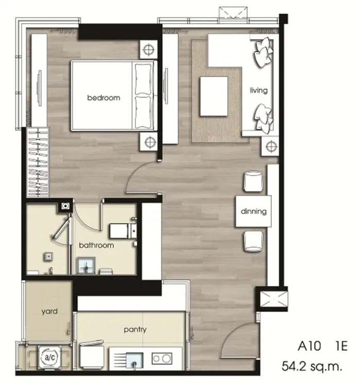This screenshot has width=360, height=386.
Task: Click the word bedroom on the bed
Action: click(104, 98)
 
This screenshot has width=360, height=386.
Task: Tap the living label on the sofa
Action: click(259, 91)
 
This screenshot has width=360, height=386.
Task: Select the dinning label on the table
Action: click(253, 211)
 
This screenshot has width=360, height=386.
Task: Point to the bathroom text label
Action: click(96, 245)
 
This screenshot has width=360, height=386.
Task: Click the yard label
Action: click(50, 312)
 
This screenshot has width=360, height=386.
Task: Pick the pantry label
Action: click(135, 329)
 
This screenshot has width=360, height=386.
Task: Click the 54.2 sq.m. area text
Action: click(312, 366)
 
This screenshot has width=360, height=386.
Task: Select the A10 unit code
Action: click(310, 346)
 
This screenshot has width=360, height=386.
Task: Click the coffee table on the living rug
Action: click(214, 96)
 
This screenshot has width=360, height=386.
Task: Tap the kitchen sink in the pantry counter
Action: click(134, 360)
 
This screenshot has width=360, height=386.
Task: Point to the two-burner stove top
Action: click(162, 358)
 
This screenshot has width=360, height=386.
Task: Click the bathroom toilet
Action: click(123, 231)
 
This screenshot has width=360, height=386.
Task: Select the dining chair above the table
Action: click(253, 181)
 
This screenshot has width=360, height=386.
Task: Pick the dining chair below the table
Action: click(253, 241)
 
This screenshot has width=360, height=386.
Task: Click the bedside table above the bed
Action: click(148, 49)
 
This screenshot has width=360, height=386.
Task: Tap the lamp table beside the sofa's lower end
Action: click(270, 146)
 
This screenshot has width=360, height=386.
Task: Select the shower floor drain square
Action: click(48, 256)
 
